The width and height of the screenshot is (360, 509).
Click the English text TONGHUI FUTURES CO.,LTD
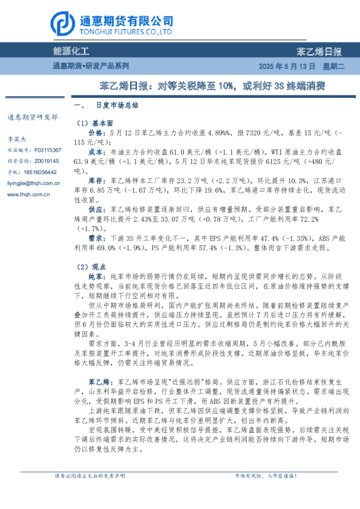126,30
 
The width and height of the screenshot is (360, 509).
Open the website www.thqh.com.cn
28,194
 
